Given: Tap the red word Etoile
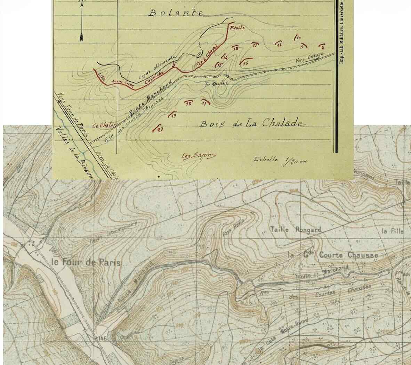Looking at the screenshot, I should click(x=235, y=28).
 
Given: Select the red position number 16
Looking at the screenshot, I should click(x=245, y=63).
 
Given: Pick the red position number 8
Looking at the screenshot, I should click(x=323, y=47).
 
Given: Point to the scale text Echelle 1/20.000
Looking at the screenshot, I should click(x=281, y=160).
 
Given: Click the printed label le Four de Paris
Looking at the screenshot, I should click(x=86, y=262).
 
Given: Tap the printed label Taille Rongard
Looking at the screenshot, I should click(x=295, y=230).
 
